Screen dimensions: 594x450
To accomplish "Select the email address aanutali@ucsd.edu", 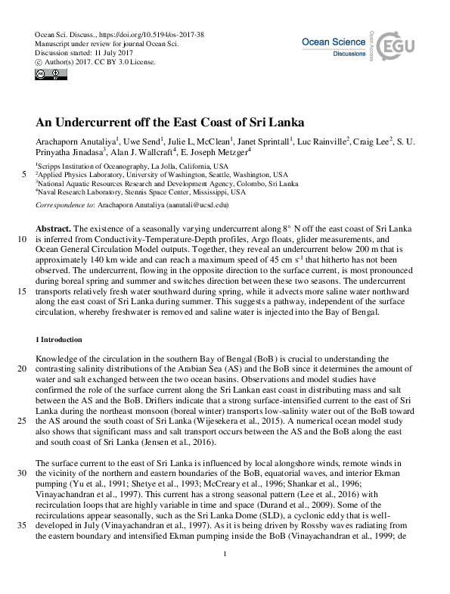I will pos(194,204).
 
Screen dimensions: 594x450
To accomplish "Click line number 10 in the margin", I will pos(21,239).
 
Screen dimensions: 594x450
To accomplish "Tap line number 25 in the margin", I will pos(21,421).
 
